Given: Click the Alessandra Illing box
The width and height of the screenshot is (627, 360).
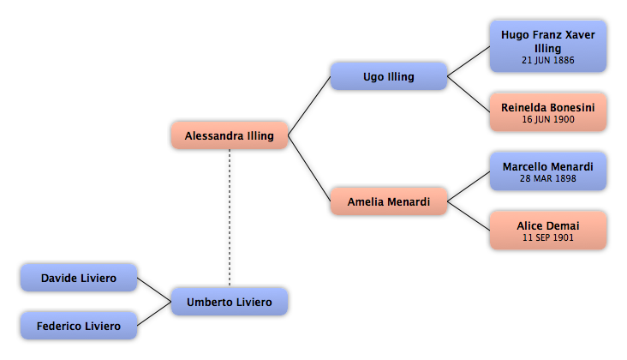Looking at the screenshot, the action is coord(230,135).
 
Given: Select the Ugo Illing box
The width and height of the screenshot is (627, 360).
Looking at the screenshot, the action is coord(389,76).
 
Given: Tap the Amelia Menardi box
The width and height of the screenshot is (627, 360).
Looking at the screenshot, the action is coord(389,201).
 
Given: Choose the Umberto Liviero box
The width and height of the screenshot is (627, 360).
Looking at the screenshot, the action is coord(230,302).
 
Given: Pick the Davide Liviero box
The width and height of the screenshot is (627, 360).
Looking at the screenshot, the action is coord(79,278).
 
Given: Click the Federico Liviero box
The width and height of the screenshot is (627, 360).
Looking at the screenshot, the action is coord(79,326).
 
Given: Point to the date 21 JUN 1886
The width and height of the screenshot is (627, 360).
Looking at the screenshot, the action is coord(548,60).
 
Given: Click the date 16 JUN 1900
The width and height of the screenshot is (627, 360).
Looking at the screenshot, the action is coord(548,119).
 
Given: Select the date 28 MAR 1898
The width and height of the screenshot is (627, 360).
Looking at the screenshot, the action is coord(548,178).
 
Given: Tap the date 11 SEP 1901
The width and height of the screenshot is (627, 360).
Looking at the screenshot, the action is coord(548,237).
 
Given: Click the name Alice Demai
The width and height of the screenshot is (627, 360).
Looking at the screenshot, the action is coord(548,226).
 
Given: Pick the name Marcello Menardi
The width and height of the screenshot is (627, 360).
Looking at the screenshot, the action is coord(548,167).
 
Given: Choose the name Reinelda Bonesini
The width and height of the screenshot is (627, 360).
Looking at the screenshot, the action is coord(548,108).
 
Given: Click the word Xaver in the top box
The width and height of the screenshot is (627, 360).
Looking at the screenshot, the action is coord(580,35).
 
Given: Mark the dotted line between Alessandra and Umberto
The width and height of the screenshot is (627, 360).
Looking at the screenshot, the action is coord(230,218).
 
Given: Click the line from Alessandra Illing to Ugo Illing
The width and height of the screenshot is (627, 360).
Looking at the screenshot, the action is coord(309,105).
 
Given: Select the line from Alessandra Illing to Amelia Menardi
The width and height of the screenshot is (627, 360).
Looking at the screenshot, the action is coord(309,168).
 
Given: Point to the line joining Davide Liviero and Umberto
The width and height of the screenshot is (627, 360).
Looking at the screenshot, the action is coord(154,290).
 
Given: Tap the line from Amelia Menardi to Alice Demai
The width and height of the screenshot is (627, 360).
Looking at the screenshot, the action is coord(469,216).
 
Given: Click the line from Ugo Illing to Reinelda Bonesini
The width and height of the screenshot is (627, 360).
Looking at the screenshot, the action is coord(469,94).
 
